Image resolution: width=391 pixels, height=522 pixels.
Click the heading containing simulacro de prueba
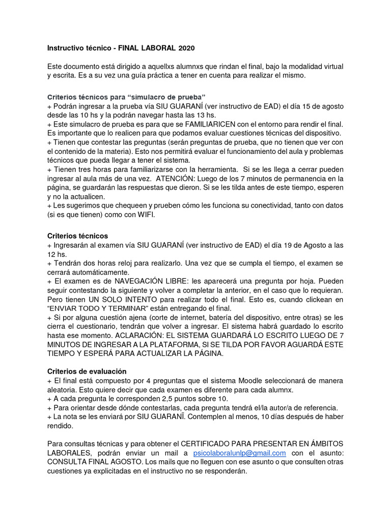point(126,96)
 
